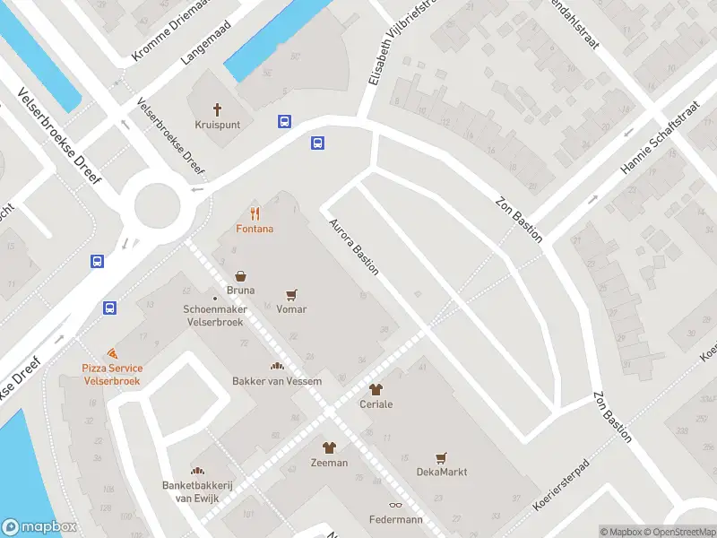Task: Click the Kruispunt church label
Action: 217,125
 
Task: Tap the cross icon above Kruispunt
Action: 217,109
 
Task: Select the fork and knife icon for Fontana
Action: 255,213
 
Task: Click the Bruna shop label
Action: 240,291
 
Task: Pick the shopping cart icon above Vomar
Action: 291,294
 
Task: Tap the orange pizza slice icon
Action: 111,354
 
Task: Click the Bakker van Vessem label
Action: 278,381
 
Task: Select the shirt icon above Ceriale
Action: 375,389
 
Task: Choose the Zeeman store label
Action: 329,463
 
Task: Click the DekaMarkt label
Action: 441,472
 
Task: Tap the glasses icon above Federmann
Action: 395,506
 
